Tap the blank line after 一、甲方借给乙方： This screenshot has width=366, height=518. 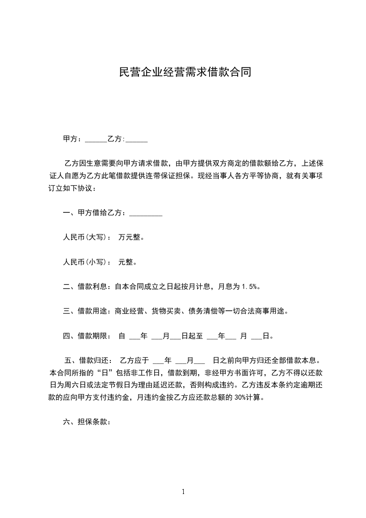[146, 214]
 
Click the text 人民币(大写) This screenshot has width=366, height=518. [85, 238]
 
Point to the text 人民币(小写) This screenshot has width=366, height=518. [85, 262]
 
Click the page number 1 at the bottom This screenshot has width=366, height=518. [183, 492]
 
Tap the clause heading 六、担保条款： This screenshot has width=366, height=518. [87, 422]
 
